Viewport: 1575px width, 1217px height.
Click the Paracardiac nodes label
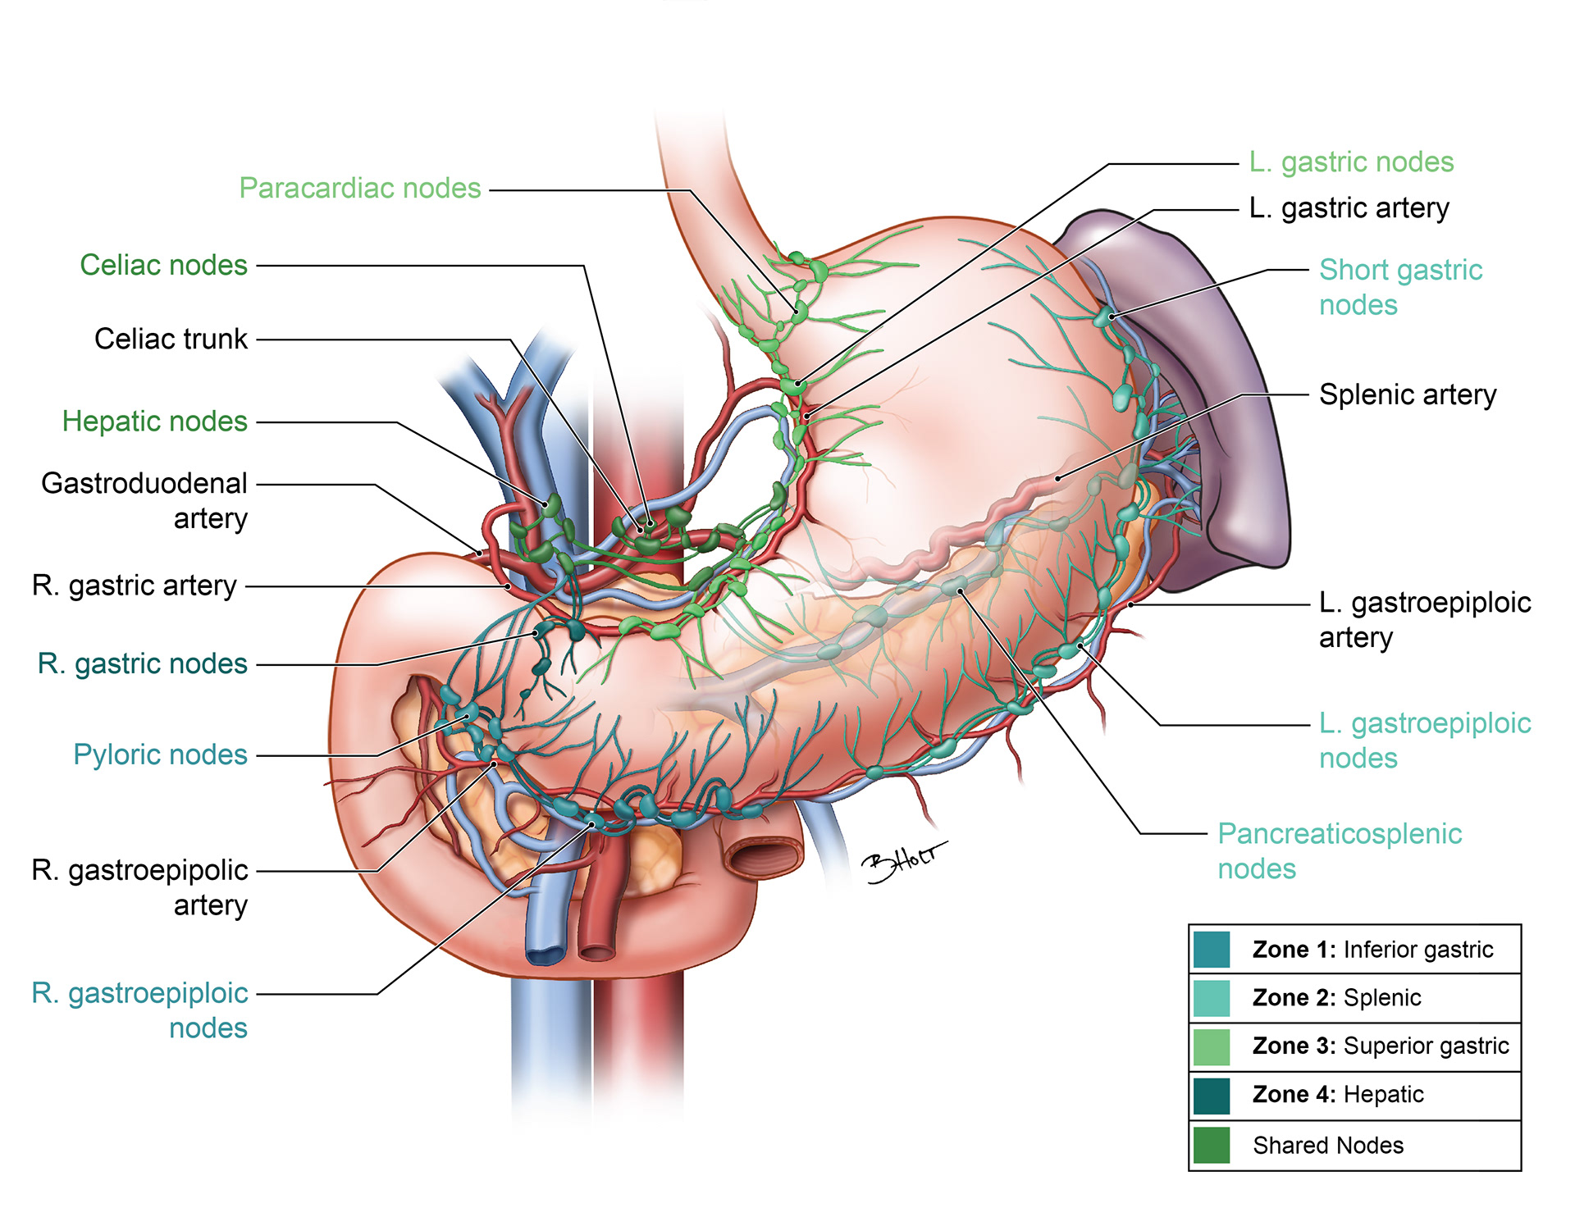[x=359, y=189]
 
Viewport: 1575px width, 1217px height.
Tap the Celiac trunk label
[x=171, y=339]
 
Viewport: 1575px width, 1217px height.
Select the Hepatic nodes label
[x=154, y=422]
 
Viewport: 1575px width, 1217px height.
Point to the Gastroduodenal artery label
[x=144, y=500]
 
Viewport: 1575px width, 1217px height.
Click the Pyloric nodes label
[x=160, y=754]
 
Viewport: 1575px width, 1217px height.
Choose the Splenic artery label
[x=1407, y=395]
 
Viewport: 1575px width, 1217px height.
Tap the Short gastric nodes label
[x=1400, y=287]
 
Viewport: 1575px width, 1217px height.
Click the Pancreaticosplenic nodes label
[x=1339, y=851]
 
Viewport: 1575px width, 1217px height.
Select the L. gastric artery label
[x=1349, y=208]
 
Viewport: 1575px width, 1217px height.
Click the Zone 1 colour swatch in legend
[x=1212, y=950]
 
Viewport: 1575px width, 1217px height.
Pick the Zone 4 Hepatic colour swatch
[x=1212, y=1096]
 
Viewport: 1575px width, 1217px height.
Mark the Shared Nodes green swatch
[x=1212, y=1145]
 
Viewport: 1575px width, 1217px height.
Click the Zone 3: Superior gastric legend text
[x=1380, y=1046]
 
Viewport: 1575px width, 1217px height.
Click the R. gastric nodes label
[x=142, y=663]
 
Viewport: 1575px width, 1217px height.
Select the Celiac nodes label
[x=163, y=266]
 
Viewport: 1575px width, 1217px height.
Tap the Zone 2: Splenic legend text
[x=1336, y=998]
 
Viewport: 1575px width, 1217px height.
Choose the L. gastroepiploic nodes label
[x=1424, y=741]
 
